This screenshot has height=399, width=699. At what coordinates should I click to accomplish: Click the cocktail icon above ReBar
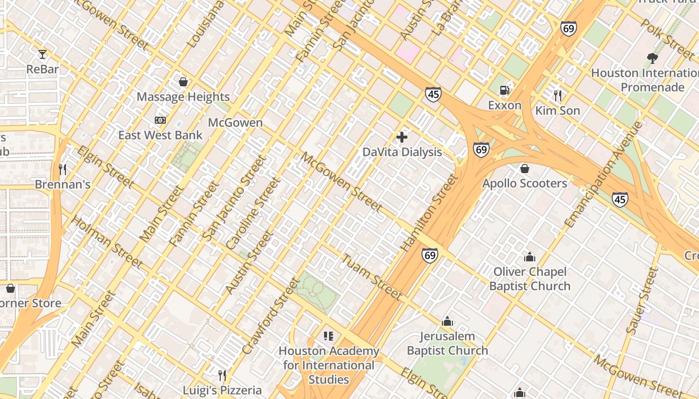(x=42, y=54)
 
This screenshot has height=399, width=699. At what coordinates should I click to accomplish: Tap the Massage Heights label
(x=183, y=97)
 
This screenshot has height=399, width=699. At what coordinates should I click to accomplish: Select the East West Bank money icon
(x=160, y=120)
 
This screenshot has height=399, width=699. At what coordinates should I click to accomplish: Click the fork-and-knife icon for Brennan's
(x=62, y=170)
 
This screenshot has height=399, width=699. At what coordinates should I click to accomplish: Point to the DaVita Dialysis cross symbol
(x=402, y=137)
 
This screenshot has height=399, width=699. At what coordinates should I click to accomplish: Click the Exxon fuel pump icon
(x=505, y=90)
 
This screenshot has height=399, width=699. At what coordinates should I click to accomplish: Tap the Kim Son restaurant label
(x=558, y=110)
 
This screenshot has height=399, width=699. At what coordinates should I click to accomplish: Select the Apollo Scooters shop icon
(x=524, y=169)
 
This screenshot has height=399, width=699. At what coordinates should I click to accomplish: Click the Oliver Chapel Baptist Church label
(x=530, y=279)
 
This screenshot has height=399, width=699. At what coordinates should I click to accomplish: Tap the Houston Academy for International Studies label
(x=329, y=365)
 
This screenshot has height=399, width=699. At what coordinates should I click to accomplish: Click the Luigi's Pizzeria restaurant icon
(x=222, y=375)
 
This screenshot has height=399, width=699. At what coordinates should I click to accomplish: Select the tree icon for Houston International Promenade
(x=652, y=58)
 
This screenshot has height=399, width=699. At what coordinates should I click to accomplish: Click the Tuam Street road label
(x=372, y=277)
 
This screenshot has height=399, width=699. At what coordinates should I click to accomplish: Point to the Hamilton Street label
(x=430, y=212)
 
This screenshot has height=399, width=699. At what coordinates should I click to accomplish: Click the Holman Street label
(x=107, y=241)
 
